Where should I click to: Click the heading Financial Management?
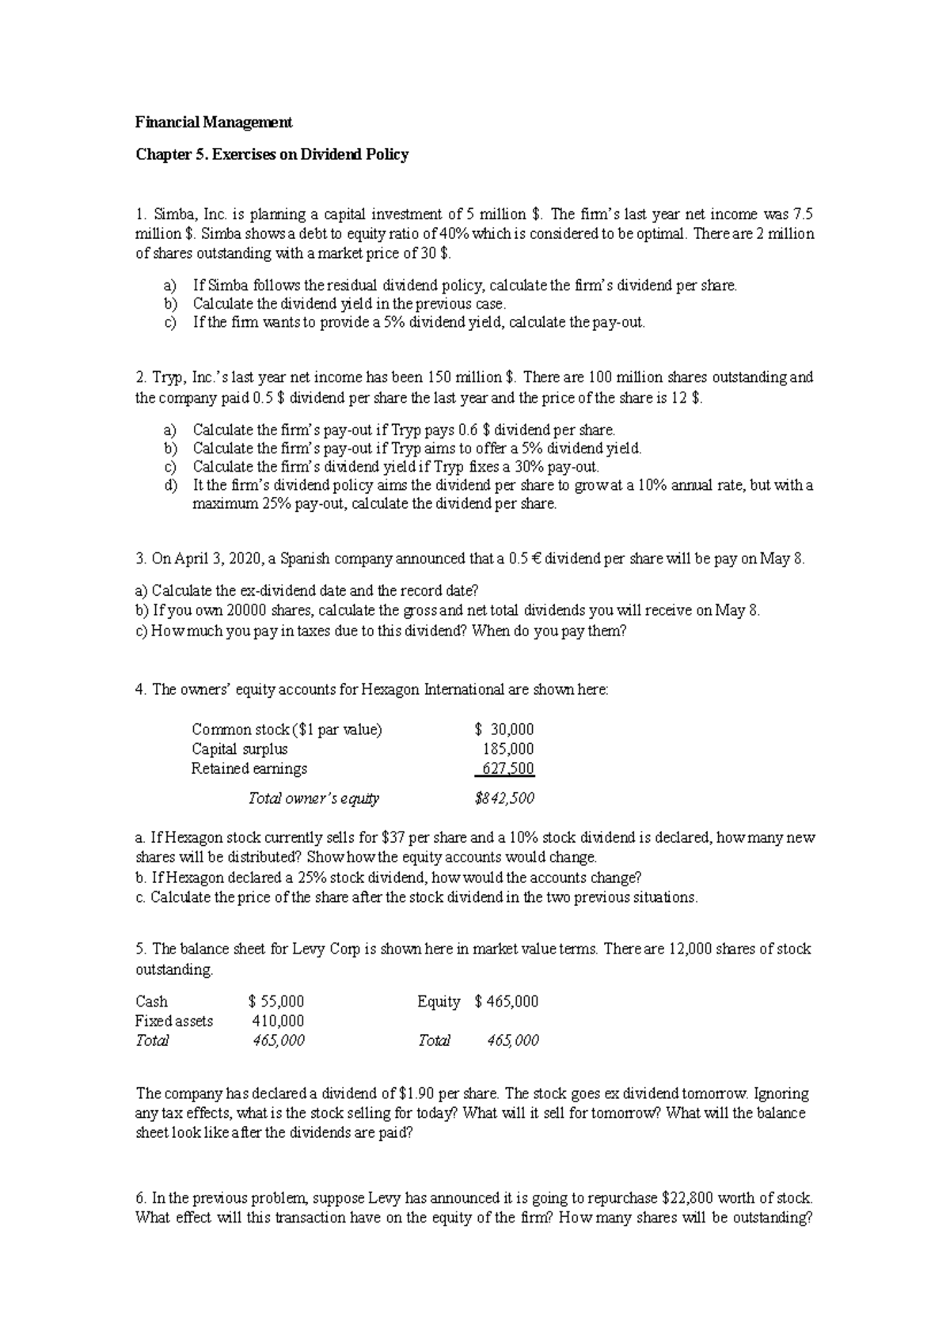214,123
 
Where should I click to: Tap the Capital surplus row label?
239,749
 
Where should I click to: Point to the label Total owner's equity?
313,799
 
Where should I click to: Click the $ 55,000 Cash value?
276,1002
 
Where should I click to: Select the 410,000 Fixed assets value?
278,1022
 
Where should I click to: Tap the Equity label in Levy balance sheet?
439,1002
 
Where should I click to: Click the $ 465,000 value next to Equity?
507,1002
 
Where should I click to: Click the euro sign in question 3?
538,559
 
